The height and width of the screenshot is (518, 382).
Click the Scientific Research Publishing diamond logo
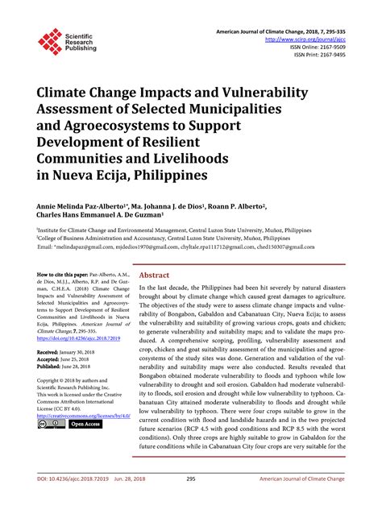tap(49, 41)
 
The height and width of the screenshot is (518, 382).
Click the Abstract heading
tap(155, 275)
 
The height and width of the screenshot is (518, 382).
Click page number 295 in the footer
tap(191, 500)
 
